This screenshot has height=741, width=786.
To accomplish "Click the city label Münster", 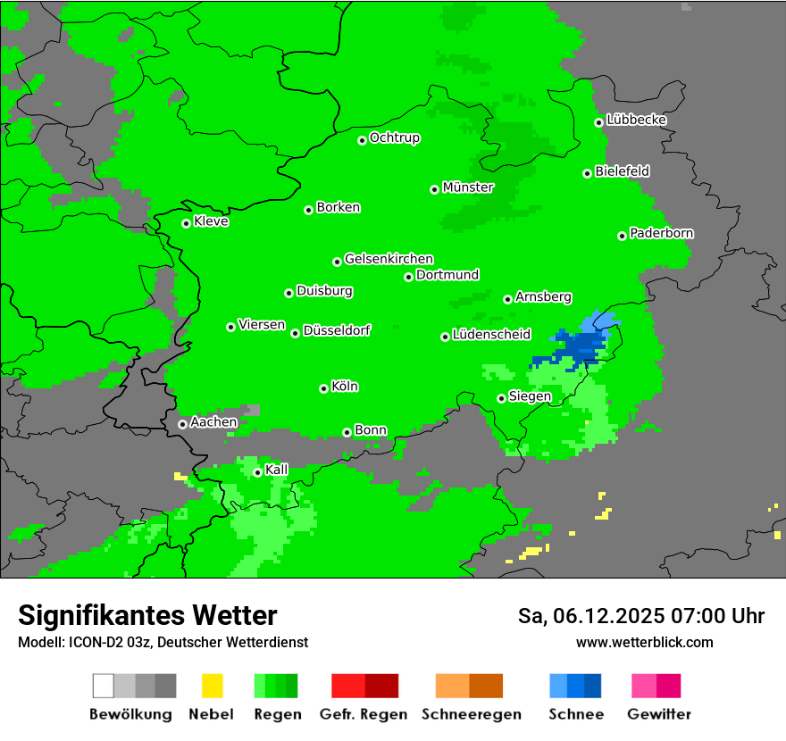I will (468, 187).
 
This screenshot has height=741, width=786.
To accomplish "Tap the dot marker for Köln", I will (323, 388).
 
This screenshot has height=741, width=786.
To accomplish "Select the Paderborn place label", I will (662, 233).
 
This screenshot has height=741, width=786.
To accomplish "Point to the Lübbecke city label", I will (637, 120).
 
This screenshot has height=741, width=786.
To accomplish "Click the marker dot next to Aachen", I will (182, 424).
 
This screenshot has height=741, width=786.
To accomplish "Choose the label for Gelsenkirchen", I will (389, 259).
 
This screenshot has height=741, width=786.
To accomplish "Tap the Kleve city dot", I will (186, 223).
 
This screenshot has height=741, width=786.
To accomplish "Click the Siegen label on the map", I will (530, 396).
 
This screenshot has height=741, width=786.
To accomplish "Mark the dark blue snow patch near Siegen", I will (579, 348).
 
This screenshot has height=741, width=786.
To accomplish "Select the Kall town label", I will (277, 470).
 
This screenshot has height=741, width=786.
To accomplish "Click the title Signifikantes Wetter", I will (147, 615).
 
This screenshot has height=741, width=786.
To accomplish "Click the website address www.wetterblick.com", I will (644, 642).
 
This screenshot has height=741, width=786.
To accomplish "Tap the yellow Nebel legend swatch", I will (212, 686).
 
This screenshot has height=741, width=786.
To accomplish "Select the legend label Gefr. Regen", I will (364, 714).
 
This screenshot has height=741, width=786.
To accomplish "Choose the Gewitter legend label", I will (659, 714).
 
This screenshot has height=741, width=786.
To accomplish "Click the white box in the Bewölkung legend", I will (103, 686).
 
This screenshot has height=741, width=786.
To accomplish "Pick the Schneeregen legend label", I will (472, 714).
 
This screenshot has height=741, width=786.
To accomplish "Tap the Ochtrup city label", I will (395, 137).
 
